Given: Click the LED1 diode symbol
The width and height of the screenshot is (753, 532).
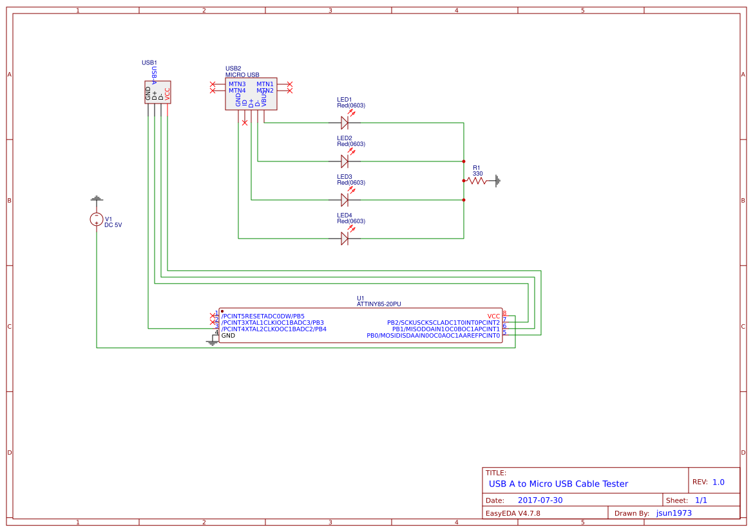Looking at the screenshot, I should tap(345, 122).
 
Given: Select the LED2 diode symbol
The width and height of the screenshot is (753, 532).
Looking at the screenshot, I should tap(345, 161).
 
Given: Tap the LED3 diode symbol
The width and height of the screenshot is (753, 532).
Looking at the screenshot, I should tap(345, 199).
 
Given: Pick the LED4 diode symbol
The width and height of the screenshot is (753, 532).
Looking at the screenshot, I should tap(345, 238).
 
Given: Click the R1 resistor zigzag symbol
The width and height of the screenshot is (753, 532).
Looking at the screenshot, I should tap(477, 181).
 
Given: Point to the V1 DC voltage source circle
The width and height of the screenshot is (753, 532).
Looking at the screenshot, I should tap(97, 219).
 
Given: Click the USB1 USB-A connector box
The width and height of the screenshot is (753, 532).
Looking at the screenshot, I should tap(158, 92).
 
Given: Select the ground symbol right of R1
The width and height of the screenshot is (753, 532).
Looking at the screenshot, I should tap(497, 181).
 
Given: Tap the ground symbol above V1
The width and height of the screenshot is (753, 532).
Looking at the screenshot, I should tap(97, 199).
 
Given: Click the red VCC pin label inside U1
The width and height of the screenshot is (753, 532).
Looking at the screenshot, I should tap(493, 316).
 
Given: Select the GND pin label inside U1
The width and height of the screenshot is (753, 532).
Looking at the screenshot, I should tap(229, 336).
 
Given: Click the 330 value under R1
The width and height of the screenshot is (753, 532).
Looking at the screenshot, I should tap(477, 174).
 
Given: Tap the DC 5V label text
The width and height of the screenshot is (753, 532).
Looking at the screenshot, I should tap(113, 225).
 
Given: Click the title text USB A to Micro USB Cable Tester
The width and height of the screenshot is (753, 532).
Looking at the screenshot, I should tap(558, 484).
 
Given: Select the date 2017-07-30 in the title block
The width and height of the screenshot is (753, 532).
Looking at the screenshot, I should tap(540, 500).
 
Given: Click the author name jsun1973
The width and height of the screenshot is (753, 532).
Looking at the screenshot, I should tap(674, 513).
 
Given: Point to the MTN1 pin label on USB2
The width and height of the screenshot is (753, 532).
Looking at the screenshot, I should tap(265, 84).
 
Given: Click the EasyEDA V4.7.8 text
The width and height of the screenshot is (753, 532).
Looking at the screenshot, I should tap(513, 513).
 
